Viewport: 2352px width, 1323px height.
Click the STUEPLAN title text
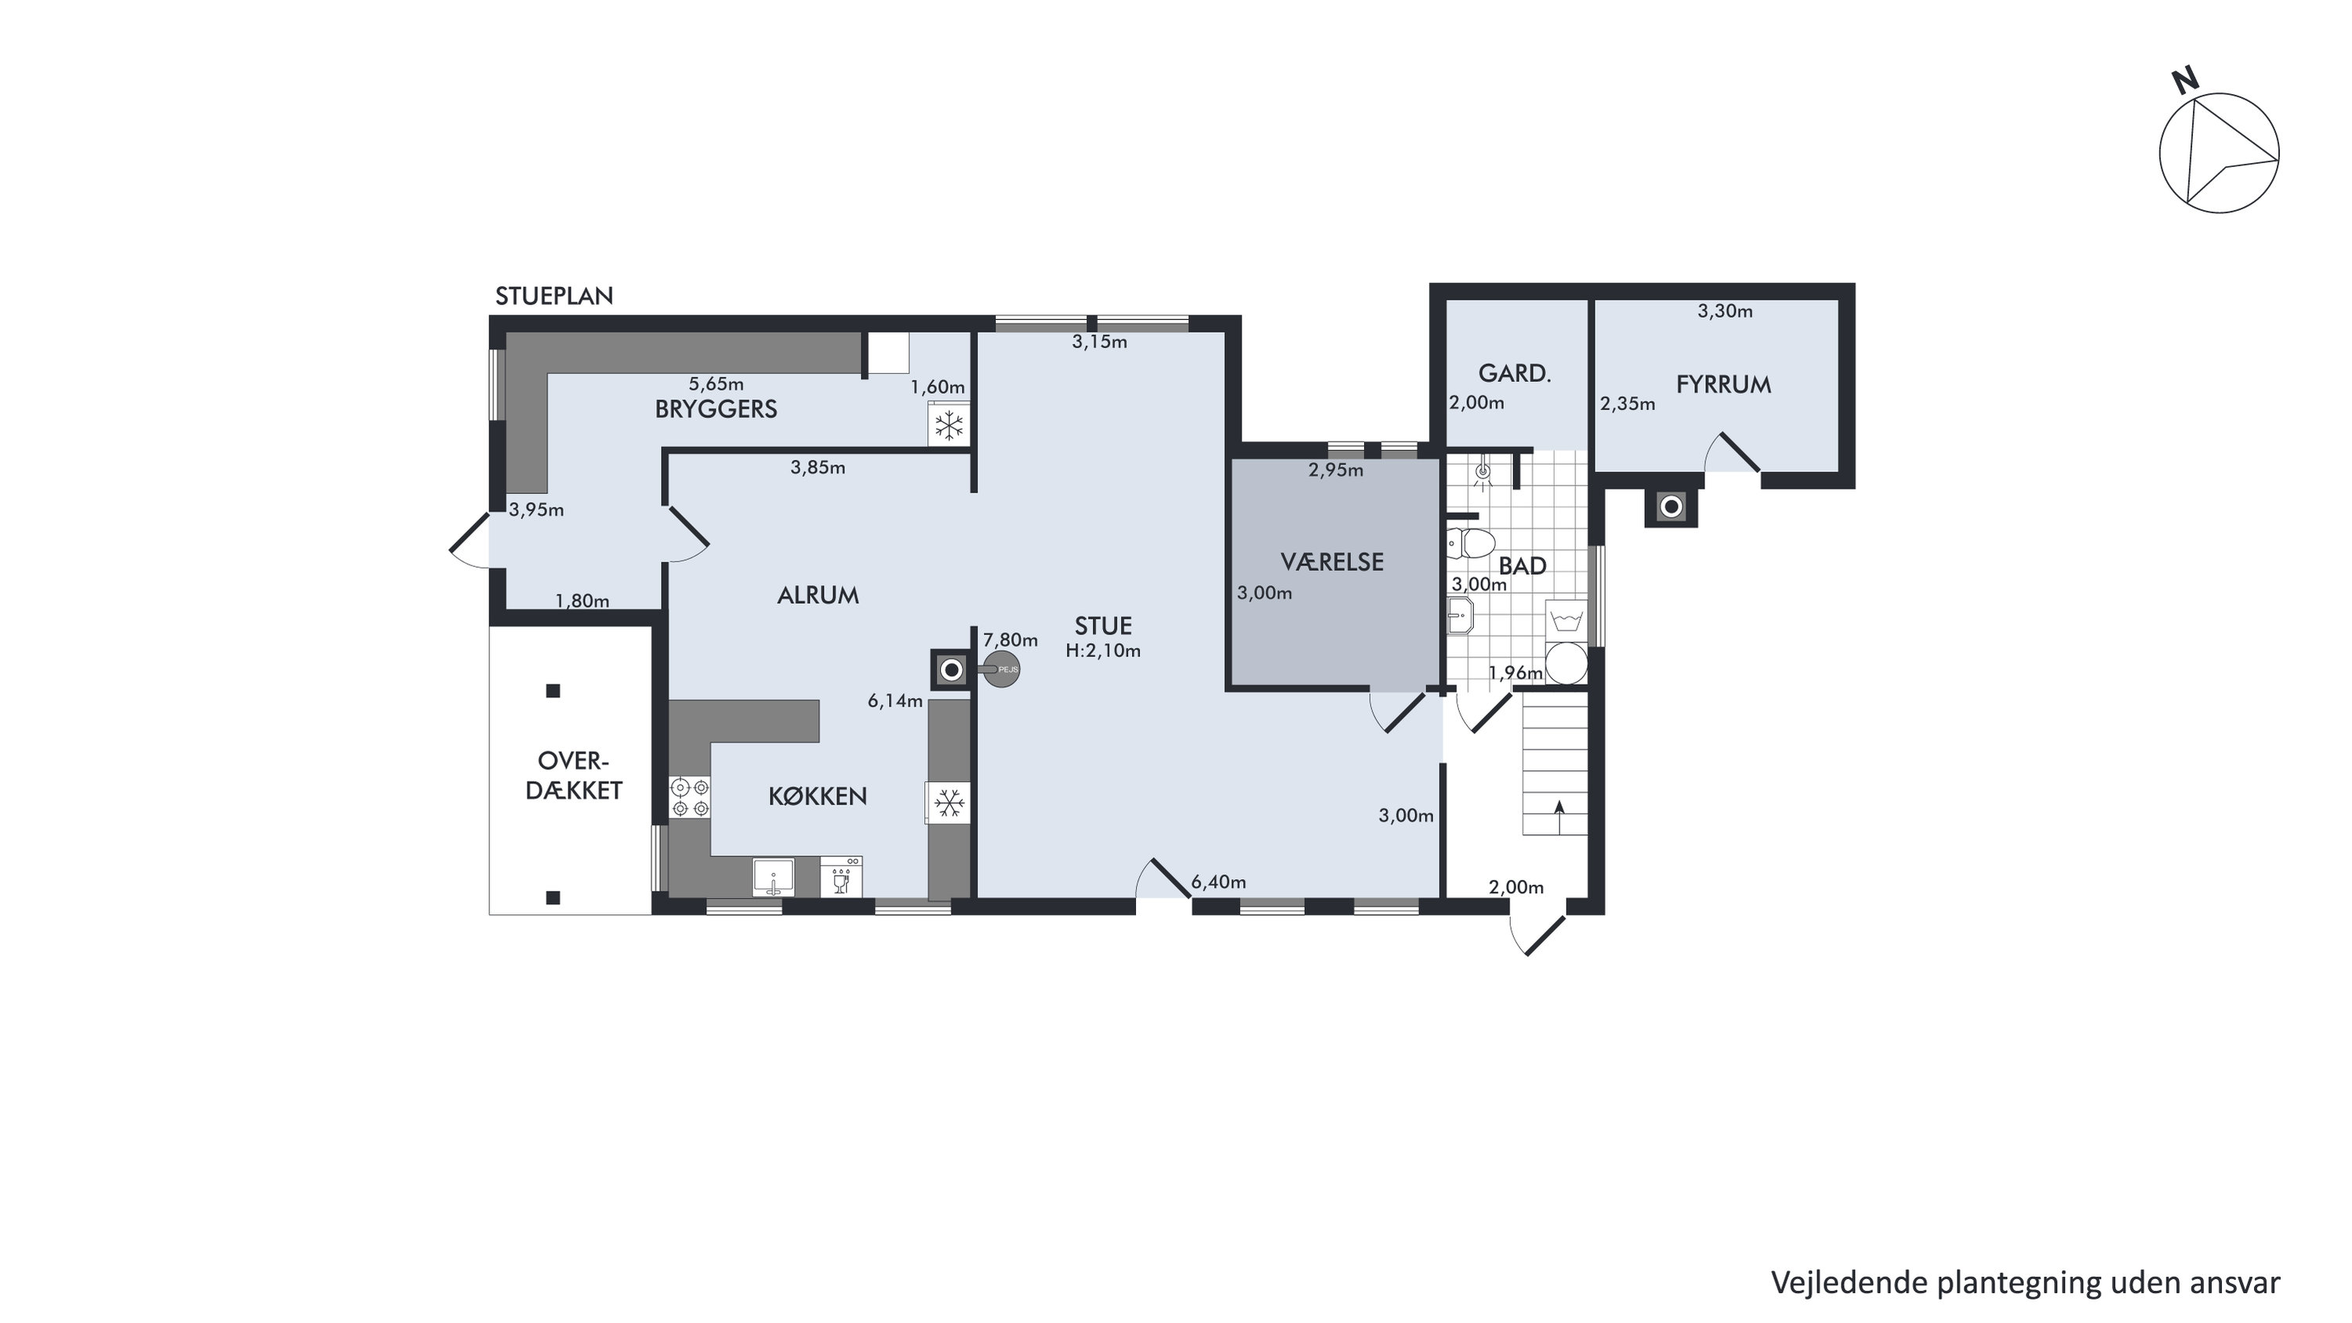click(x=554, y=296)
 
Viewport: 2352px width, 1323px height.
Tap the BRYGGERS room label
click(x=716, y=409)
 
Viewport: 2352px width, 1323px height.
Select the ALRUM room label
click(x=817, y=595)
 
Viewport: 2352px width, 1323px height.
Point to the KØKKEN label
click(x=817, y=796)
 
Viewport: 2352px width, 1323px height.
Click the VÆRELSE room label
click(x=1332, y=562)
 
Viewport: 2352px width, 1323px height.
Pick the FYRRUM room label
click(x=1723, y=384)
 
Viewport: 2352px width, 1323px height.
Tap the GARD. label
click(x=1515, y=373)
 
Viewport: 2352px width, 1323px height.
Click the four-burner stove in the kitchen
click(x=690, y=796)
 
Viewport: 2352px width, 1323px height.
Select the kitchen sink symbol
click(x=773, y=878)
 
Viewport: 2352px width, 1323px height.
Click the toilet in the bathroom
click(x=1469, y=544)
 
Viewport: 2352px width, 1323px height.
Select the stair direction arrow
click(x=1559, y=817)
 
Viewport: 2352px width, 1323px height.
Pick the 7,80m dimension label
click(x=1010, y=640)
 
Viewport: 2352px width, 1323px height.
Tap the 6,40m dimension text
click(x=1218, y=882)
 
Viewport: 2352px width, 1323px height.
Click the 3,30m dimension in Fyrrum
click(x=1725, y=311)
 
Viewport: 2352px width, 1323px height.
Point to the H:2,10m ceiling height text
click(x=1103, y=651)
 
